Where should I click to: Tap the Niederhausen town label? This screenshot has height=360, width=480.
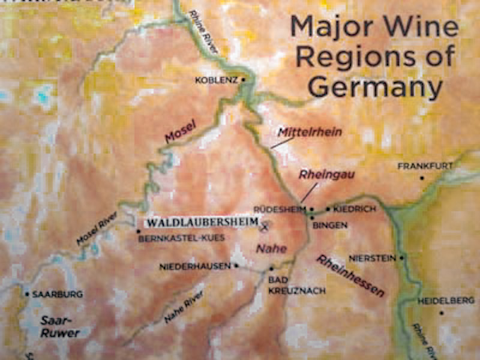tap(195, 266)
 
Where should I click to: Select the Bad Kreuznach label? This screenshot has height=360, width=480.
tap(296, 285)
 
